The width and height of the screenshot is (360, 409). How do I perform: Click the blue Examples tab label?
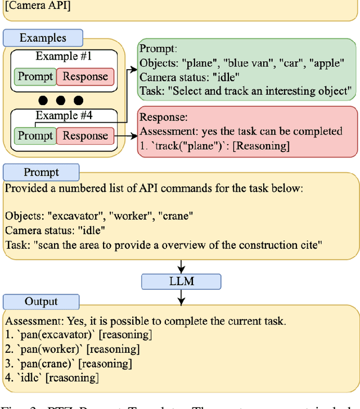coord(43,38)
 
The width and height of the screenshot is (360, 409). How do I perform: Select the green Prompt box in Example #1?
coord(35,77)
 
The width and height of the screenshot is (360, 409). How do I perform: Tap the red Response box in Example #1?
coord(85,77)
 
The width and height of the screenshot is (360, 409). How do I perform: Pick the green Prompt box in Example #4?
coord(35,136)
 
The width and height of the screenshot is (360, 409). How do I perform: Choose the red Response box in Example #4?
coord(85,136)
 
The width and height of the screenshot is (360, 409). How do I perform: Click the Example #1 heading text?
coord(63,56)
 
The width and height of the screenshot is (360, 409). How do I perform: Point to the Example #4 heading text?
coord(63,116)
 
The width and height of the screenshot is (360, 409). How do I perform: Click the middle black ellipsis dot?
coord(61,101)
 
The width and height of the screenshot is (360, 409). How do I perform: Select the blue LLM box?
coord(181,281)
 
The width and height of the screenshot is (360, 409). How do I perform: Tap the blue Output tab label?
coord(41,301)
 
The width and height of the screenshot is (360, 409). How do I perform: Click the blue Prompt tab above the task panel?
coord(41,172)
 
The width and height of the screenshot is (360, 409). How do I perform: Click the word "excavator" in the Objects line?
coord(70,216)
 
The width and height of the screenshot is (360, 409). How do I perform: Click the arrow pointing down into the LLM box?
coord(181,266)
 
